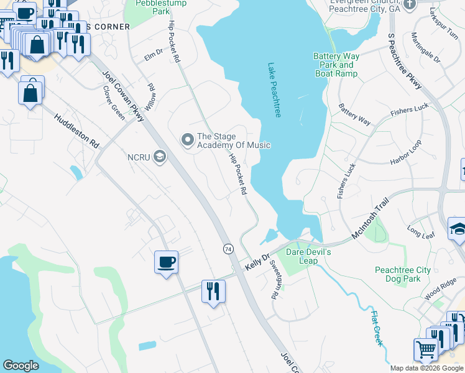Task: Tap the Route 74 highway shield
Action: coord(228,249)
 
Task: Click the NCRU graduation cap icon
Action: coord(160,157)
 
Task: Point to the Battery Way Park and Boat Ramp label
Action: coord(336,65)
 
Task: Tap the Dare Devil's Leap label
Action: coord(308,256)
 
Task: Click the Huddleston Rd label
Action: coord(76,130)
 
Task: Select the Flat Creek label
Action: coord(377,328)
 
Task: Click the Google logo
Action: coord(21,366)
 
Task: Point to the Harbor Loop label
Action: coord(406,153)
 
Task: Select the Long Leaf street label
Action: coord(421,231)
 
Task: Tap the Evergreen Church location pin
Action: coord(409,5)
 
